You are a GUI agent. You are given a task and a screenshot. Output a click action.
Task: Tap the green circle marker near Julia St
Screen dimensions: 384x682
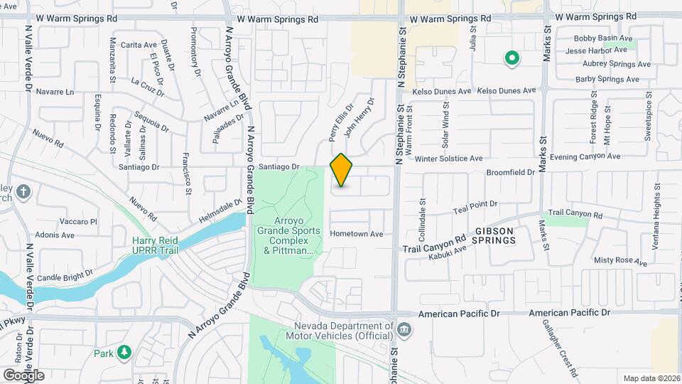pyautogui.click(x=510, y=58)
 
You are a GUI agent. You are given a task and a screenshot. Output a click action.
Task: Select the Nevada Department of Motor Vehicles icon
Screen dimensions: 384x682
pyautogui.click(x=404, y=329)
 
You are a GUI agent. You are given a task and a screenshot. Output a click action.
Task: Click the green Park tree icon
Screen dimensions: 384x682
pyautogui.click(x=124, y=352)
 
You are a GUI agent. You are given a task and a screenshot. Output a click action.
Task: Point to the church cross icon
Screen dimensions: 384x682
pyautogui.click(x=23, y=191)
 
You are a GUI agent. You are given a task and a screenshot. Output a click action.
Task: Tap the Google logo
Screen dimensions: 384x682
pyautogui.click(x=23, y=375)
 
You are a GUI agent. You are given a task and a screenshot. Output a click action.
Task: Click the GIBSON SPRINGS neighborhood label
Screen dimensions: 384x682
pyautogui.click(x=504, y=236)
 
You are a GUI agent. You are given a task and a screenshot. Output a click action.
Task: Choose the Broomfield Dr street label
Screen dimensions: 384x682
pyautogui.click(x=510, y=173)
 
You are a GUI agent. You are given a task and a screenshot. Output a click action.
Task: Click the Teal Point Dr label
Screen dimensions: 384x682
pyautogui.click(x=475, y=206)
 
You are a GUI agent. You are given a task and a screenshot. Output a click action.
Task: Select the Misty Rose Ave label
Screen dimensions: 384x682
pyautogui.click(x=621, y=262)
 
